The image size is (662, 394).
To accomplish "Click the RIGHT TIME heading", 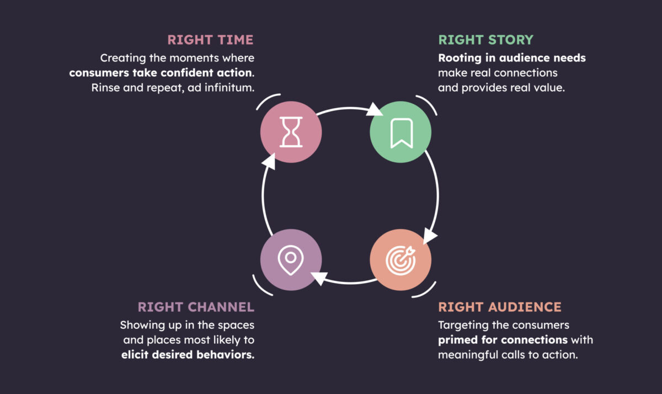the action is pos(210,40).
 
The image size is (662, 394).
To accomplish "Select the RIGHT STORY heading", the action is pos(485,40).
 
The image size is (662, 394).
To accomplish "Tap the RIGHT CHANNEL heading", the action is pos(196,307).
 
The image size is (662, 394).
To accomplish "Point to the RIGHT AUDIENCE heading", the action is pos(500,307).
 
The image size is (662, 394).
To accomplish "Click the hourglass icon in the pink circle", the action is pos(291,132).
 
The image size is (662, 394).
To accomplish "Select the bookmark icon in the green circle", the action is pos(402,133).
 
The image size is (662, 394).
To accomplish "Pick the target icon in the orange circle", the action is pos(401,260).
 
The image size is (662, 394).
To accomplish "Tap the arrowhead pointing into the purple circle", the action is pos(319,278).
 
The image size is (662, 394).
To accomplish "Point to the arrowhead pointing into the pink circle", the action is pos(270,161).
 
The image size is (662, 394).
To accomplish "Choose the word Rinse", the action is pos(105,88).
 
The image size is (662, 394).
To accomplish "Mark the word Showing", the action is pos(142,326).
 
